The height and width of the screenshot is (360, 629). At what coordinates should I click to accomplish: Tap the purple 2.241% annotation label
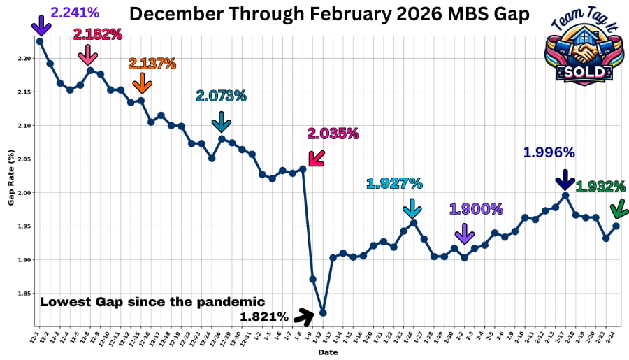(x=75, y=12)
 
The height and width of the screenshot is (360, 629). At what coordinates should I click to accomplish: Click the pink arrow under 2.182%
(x=87, y=54)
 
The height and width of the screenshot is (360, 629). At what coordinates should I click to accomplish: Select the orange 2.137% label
(x=152, y=64)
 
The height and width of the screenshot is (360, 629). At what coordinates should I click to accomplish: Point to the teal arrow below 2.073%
(x=221, y=122)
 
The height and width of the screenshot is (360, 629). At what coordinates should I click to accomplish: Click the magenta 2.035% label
(x=333, y=133)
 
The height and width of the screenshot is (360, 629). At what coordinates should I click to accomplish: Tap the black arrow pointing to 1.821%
(x=303, y=317)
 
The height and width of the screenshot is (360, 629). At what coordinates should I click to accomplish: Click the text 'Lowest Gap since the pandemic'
(x=152, y=302)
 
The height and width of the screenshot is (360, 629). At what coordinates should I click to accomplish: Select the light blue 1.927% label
(x=394, y=183)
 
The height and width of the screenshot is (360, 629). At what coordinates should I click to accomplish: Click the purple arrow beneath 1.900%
(x=464, y=233)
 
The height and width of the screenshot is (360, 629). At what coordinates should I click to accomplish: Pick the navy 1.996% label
(x=549, y=152)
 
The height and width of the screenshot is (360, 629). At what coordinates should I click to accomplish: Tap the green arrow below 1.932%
(x=617, y=209)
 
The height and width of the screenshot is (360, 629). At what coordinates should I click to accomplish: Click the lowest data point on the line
(x=322, y=312)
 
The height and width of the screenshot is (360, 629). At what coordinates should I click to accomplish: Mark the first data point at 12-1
(x=40, y=41)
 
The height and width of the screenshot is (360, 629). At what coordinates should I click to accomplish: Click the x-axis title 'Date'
(x=328, y=352)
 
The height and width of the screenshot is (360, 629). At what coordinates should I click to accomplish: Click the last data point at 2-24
(x=616, y=226)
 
